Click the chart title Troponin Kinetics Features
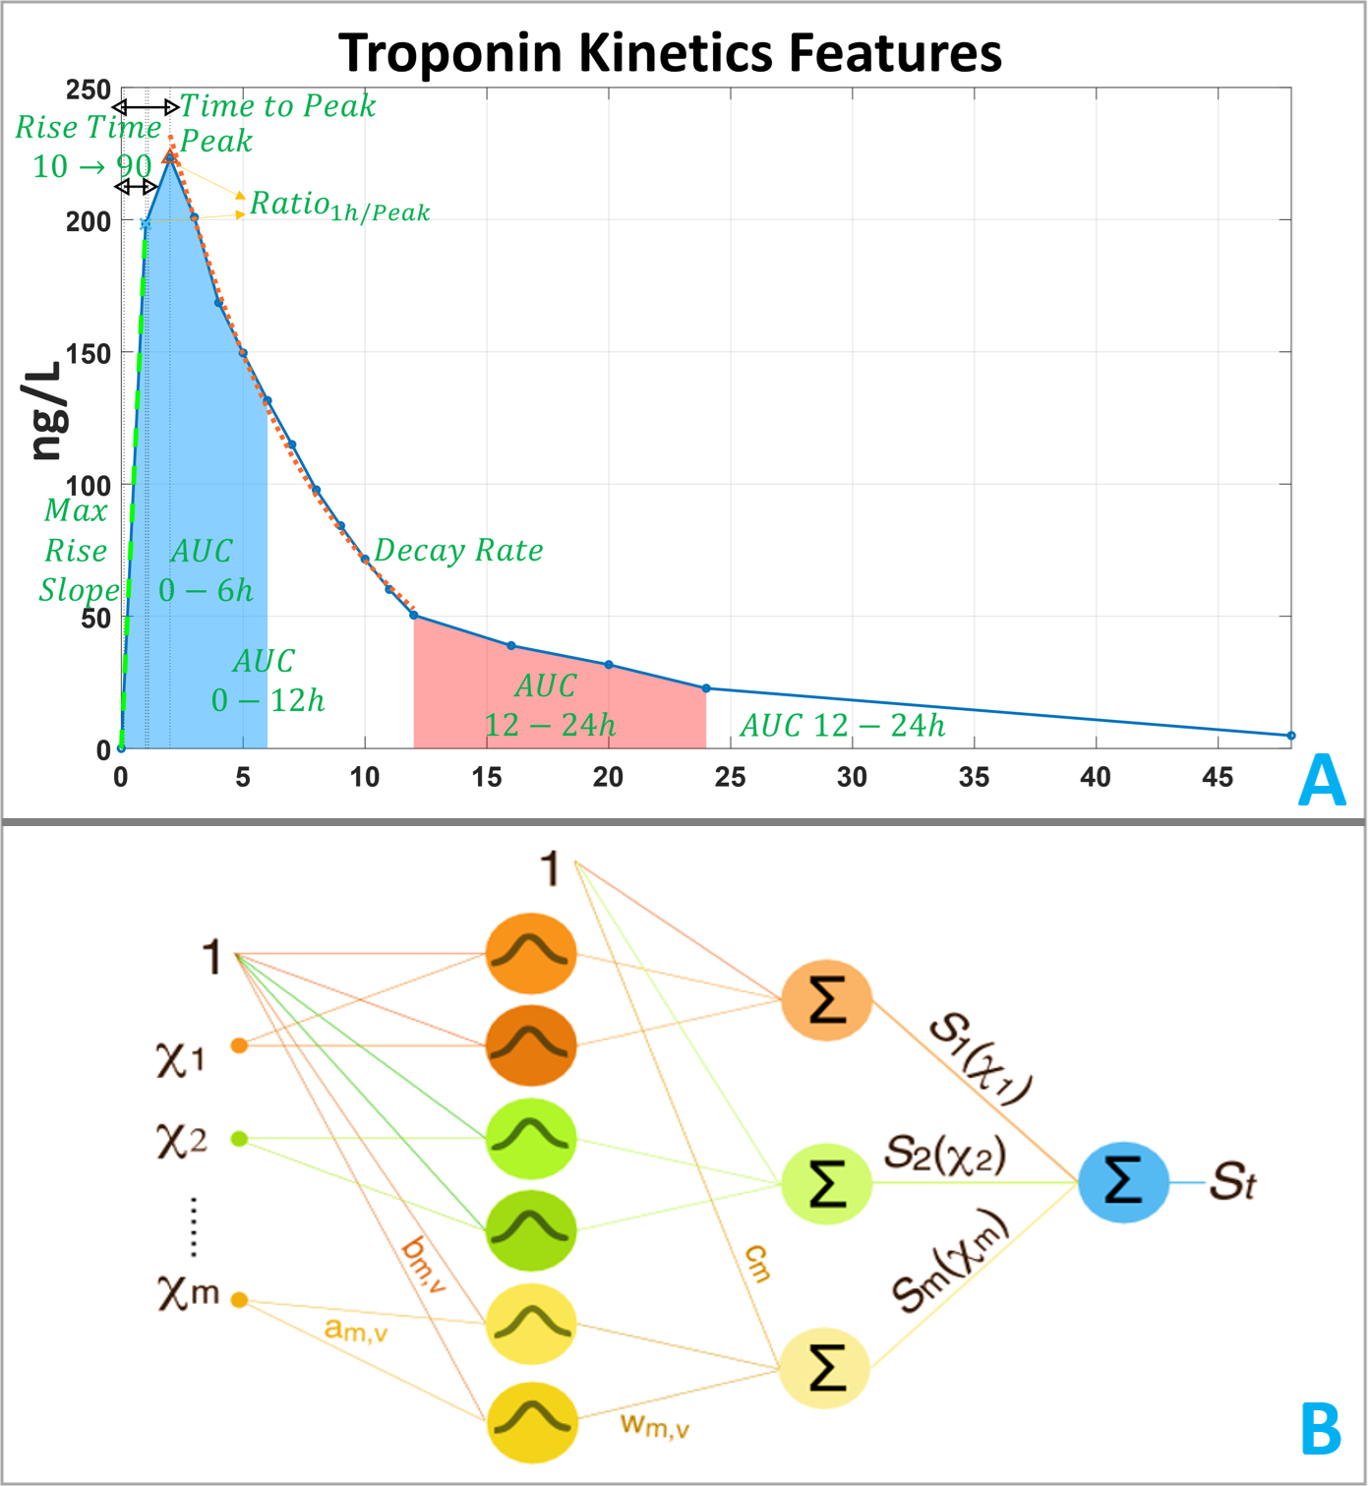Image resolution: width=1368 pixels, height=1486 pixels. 670,52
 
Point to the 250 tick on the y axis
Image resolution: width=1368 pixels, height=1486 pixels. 89,90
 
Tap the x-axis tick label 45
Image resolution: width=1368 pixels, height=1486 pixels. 1217,777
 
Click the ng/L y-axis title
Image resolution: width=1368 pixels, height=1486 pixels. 46,410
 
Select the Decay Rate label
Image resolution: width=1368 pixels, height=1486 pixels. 458,550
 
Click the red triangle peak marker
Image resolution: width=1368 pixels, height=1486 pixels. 169,155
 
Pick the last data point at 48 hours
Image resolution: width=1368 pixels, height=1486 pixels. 1290,736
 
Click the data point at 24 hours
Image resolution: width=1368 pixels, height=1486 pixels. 706,688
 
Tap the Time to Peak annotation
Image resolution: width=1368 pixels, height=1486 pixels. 277,105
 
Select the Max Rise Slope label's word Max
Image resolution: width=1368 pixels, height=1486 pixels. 76,510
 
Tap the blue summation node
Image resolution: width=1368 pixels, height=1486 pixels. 1123,1181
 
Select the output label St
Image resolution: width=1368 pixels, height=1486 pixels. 1233,1181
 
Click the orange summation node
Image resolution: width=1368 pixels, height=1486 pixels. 826,1001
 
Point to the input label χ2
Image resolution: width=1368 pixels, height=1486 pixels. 181,1140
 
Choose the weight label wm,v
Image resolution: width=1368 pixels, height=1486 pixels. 654,1425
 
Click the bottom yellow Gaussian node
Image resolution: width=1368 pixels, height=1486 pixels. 531,1421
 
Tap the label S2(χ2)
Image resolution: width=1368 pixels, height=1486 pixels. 945,1153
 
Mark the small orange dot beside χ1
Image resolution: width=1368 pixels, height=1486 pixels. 239,1045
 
